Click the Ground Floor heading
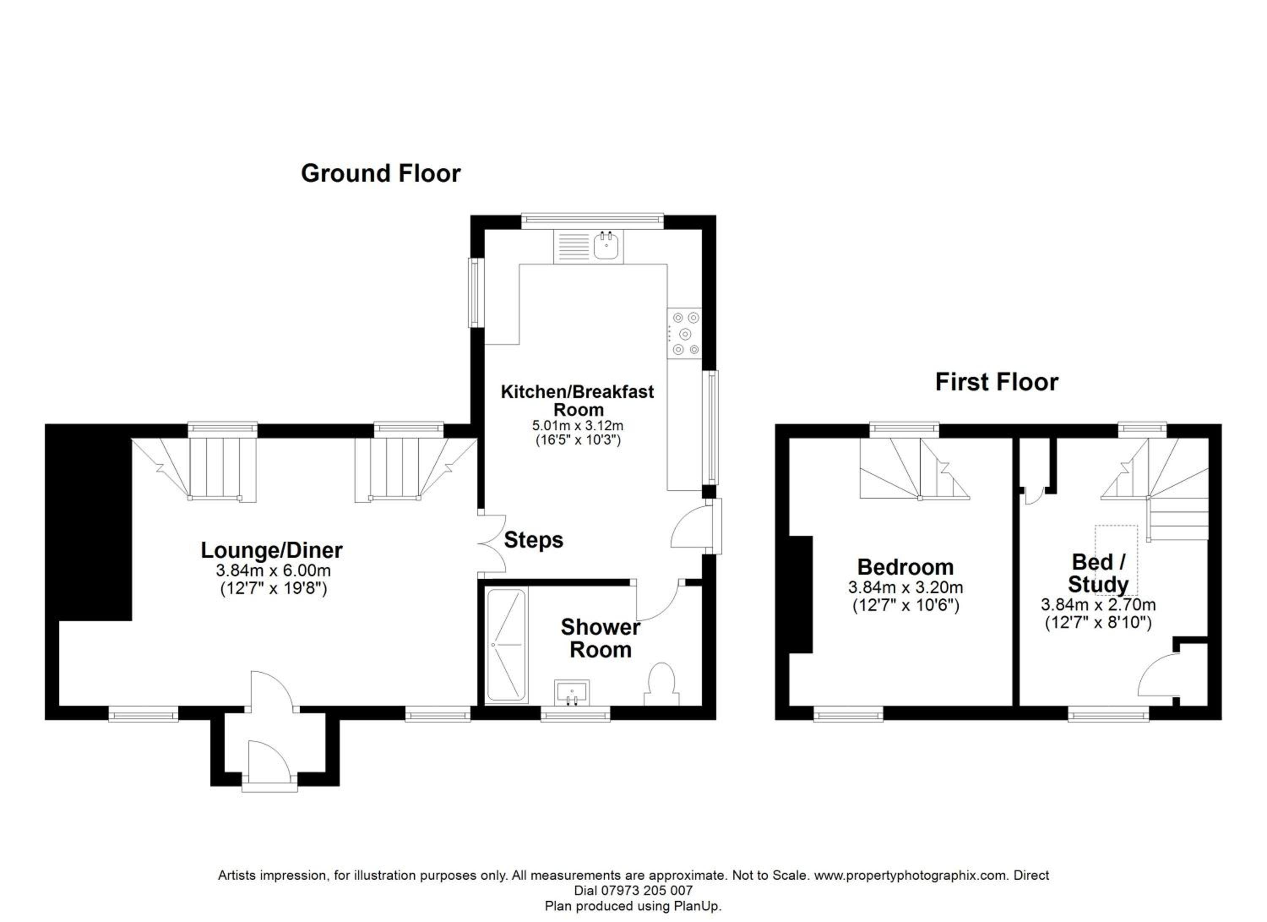click(381, 173)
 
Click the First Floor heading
click(997, 382)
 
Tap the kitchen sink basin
click(606, 246)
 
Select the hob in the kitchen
click(684, 333)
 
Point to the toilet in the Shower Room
click(661, 685)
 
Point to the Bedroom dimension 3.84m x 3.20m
click(905, 587)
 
